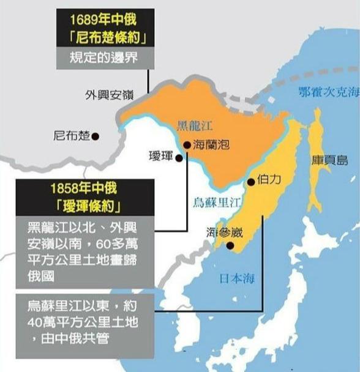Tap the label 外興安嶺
(108, 95)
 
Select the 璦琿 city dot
(179, 158)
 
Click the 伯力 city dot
(250, 182)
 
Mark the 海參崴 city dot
(230, 246)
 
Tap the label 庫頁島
(334, 160)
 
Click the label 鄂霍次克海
(328, 93)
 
